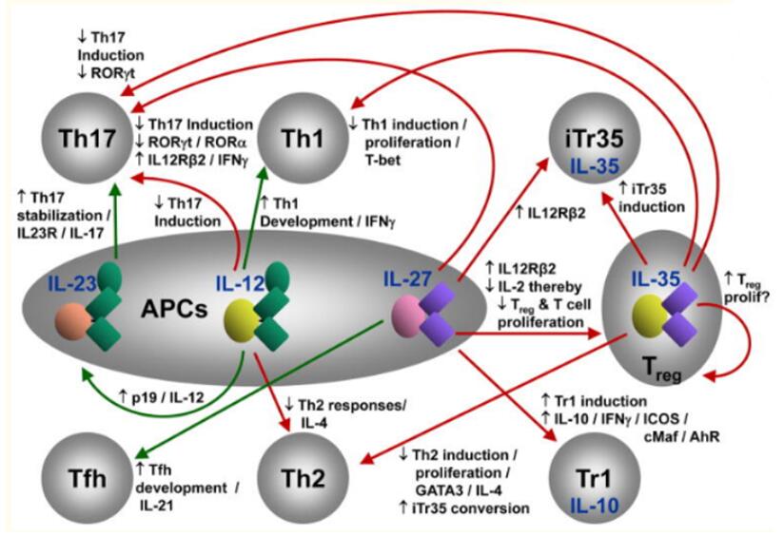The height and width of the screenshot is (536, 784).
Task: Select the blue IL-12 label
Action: [238, 283]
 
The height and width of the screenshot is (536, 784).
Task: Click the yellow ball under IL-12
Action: [243, 324]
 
